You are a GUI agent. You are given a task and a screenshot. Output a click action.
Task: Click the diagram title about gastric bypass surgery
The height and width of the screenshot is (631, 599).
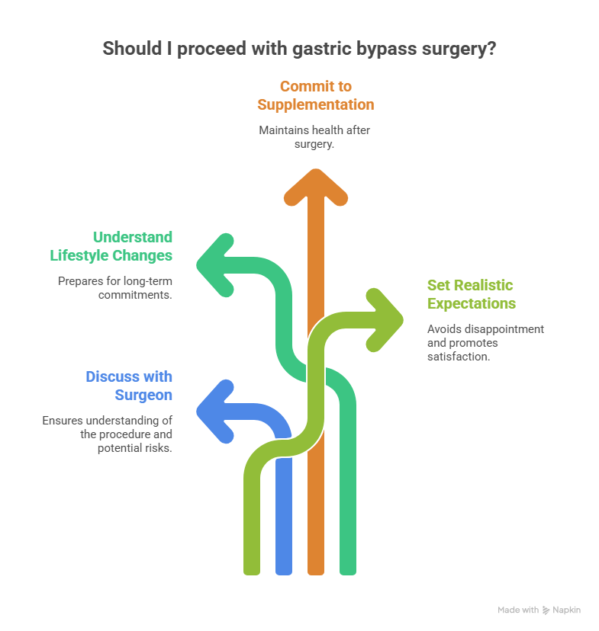(300, 49)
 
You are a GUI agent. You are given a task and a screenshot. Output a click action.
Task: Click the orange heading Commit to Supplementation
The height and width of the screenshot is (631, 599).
(315, 95)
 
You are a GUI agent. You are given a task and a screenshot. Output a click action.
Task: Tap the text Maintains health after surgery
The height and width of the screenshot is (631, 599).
(314, 137)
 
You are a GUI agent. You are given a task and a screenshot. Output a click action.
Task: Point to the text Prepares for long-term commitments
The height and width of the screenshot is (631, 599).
(114, 287)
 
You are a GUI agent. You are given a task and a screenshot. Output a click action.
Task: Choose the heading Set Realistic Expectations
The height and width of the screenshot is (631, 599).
(471, 294)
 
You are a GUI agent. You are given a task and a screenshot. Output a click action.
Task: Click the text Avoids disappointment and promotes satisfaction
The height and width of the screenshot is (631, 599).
(485, 342)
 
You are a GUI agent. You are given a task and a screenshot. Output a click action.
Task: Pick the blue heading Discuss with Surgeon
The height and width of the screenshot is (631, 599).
(129, 386)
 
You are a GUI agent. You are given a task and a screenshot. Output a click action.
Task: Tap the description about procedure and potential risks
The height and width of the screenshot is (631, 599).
(108, 434)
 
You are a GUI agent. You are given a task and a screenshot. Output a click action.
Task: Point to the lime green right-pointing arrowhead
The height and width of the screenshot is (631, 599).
(384, 318)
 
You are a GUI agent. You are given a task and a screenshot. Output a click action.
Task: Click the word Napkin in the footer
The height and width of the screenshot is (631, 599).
(567, 610)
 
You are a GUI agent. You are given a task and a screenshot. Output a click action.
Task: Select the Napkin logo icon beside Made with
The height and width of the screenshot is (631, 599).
(546, 610)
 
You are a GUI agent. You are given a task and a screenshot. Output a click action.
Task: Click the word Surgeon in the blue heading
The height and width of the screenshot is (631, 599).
(143, 395)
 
